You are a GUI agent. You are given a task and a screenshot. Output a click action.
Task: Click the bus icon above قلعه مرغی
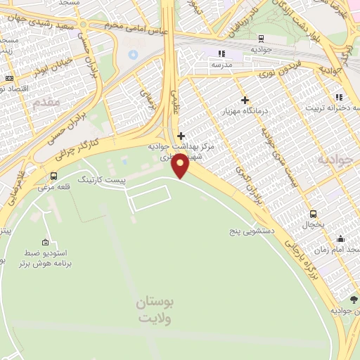click(54, 176)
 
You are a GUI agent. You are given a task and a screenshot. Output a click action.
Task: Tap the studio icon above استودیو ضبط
click(46, 241)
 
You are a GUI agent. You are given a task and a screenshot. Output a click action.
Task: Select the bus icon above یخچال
click(313, 214)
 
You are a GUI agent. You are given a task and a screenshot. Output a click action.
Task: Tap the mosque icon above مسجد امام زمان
click(341, 238)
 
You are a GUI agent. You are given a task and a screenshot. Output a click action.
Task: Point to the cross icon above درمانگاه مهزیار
click(245, 100)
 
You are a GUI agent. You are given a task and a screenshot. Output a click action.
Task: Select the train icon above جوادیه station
click(261, 39)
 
